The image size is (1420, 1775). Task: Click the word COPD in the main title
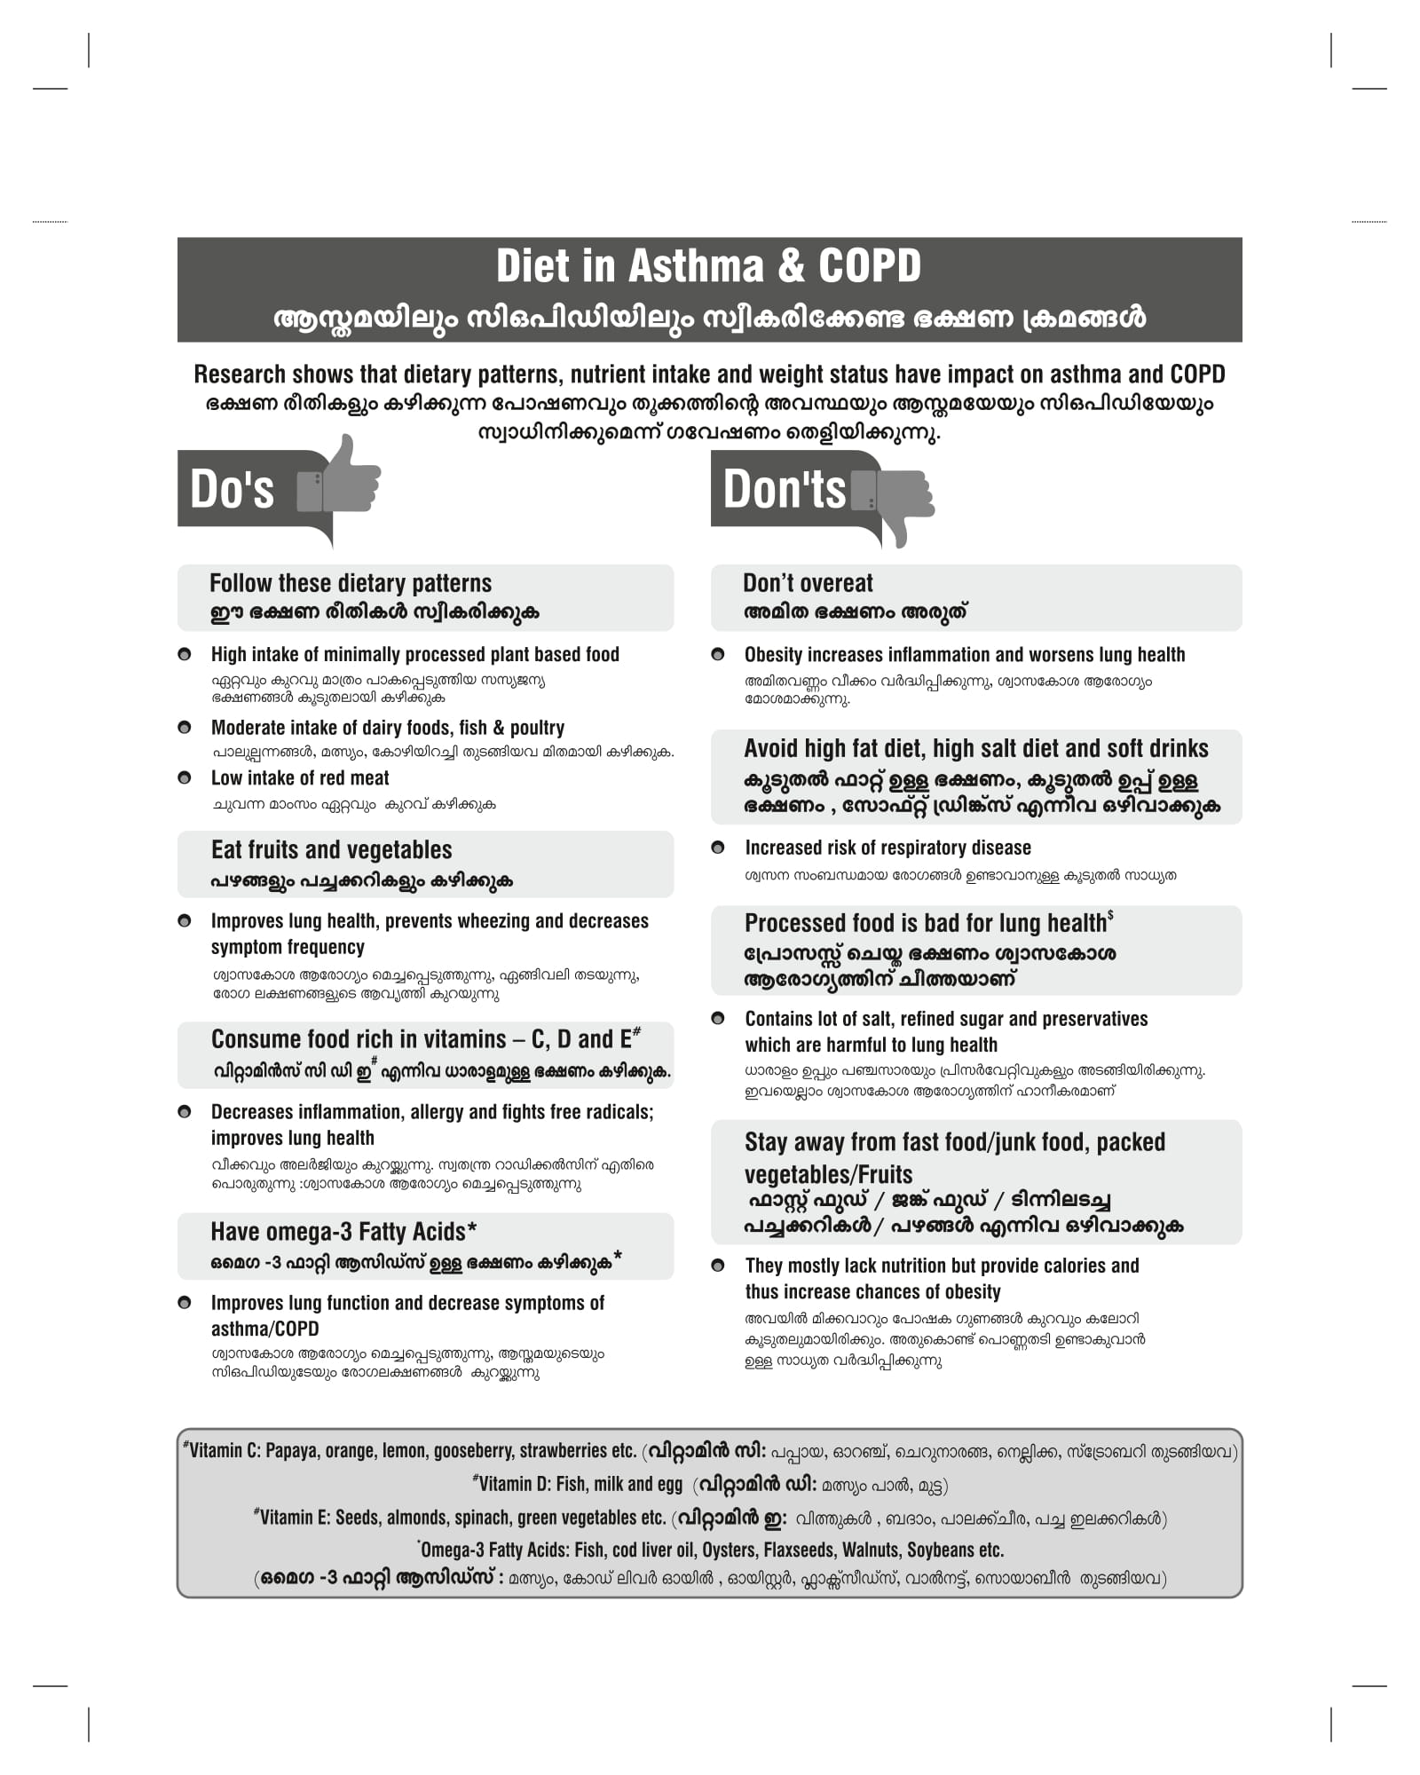click(870, 266)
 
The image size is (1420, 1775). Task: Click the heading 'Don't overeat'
click(808, 584)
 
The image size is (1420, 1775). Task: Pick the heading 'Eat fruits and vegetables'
click(331, 850)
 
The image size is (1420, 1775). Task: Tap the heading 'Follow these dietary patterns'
click(350, 584)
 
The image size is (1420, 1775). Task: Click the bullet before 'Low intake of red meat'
click(185, 778)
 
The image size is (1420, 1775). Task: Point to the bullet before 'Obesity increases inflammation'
click(718, 655)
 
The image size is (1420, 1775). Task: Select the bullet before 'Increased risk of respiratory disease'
click(718, 848)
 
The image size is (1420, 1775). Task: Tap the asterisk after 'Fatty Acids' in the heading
click(472, 1229)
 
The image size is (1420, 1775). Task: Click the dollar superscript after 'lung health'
click(1111, 915)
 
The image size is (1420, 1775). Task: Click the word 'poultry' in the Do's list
click(536, 729)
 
